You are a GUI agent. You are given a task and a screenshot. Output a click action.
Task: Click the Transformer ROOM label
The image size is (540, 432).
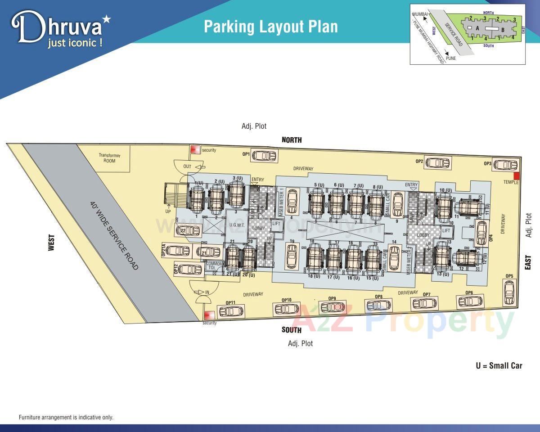point(109,158)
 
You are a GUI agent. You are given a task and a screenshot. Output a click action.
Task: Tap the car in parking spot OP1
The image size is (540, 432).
point(264,156)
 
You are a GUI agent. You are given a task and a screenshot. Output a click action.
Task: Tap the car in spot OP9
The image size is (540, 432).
point(333,307)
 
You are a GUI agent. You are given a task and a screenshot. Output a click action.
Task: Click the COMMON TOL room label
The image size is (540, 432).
point(214,265)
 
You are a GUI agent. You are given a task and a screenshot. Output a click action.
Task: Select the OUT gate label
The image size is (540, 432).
point(187,166)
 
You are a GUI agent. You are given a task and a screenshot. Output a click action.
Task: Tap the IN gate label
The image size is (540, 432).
point(207,292)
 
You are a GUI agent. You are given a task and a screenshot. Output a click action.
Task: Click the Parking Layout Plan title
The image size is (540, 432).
point(270,27)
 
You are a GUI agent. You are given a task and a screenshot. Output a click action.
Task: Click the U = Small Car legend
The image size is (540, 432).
point(499,365)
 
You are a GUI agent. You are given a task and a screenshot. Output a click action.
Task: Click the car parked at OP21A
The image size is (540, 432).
point(178,251)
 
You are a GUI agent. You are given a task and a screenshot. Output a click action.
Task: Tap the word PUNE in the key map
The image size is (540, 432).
point(451,58)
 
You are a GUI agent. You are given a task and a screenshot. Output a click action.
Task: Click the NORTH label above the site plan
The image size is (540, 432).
point(292,140)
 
